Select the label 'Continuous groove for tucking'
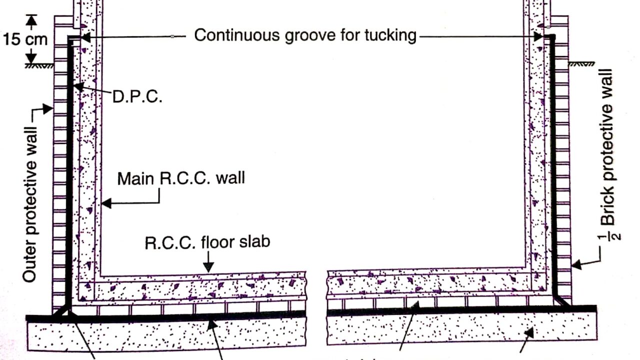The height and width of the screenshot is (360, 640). (x=305, y=35)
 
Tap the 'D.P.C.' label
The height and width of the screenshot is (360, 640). (x=137, y=96)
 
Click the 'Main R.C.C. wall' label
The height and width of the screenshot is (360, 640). (x=181, y=178)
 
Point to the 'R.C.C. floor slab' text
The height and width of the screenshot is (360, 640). (x=207, y=242)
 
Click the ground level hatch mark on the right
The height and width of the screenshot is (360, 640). (x=582, y=64)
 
